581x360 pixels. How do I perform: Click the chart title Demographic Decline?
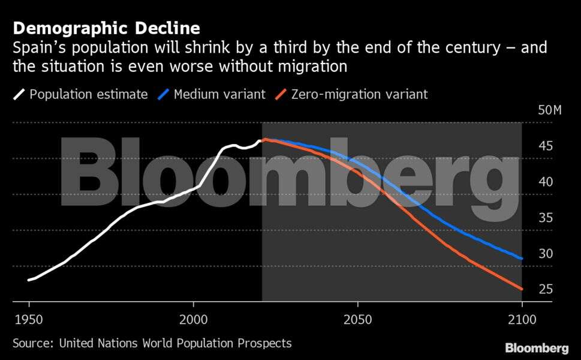pos(106,28)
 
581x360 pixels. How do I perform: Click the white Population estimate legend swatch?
pos(19,94)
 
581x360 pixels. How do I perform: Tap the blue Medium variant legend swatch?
pos(163,94)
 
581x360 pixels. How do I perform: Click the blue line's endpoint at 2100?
pos(522,259)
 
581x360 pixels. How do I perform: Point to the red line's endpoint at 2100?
pos(522,289)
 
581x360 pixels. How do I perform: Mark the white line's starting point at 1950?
pos(29,280)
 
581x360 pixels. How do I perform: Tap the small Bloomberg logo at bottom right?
pos(537,348)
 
